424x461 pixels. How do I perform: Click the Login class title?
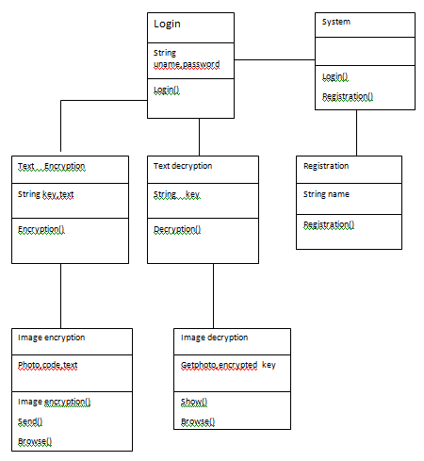coord(167,24)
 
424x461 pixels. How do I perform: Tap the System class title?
coord(336,22)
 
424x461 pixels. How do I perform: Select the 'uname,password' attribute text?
coord(187,64)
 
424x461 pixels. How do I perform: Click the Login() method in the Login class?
coord(167,90)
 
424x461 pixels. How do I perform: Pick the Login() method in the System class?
coord(335,76)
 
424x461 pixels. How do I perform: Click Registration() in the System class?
coord(348,96)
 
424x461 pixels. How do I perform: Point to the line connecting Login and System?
coord(274,59)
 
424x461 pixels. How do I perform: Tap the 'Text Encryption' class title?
coord(52,166)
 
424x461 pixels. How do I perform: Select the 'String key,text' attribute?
coord(46,194)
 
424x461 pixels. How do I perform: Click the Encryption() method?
coord(41,229)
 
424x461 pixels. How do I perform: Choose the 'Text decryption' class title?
coord(183,166)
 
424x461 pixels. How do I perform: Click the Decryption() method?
coord(177,229)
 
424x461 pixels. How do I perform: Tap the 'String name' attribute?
coord(326,194)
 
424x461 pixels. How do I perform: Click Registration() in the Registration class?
coord(329,224)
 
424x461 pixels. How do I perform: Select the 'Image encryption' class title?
coord(52,338)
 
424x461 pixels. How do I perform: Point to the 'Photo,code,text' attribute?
coord(48,365)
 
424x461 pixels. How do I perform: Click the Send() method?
coord(30,421)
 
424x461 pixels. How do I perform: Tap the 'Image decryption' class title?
coord(215,338)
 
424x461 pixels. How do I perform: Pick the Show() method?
coord(194,402)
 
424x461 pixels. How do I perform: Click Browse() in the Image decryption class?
coord(198,421)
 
